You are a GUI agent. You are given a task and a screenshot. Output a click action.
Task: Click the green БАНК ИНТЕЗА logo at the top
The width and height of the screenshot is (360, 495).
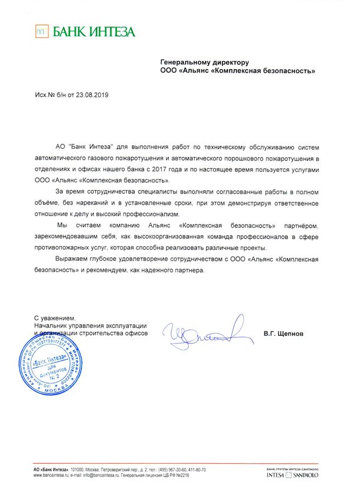click(84, 32)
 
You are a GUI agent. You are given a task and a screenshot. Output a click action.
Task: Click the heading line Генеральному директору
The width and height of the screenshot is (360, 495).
click(205, 62)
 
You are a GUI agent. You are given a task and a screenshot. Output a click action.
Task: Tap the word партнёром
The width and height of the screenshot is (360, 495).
click(299, 225)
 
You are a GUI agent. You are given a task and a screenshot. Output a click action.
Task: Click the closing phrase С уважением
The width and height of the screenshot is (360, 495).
click(55, 319)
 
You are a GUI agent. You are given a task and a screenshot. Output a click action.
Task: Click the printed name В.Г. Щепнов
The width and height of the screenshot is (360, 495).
click(283, 333)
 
